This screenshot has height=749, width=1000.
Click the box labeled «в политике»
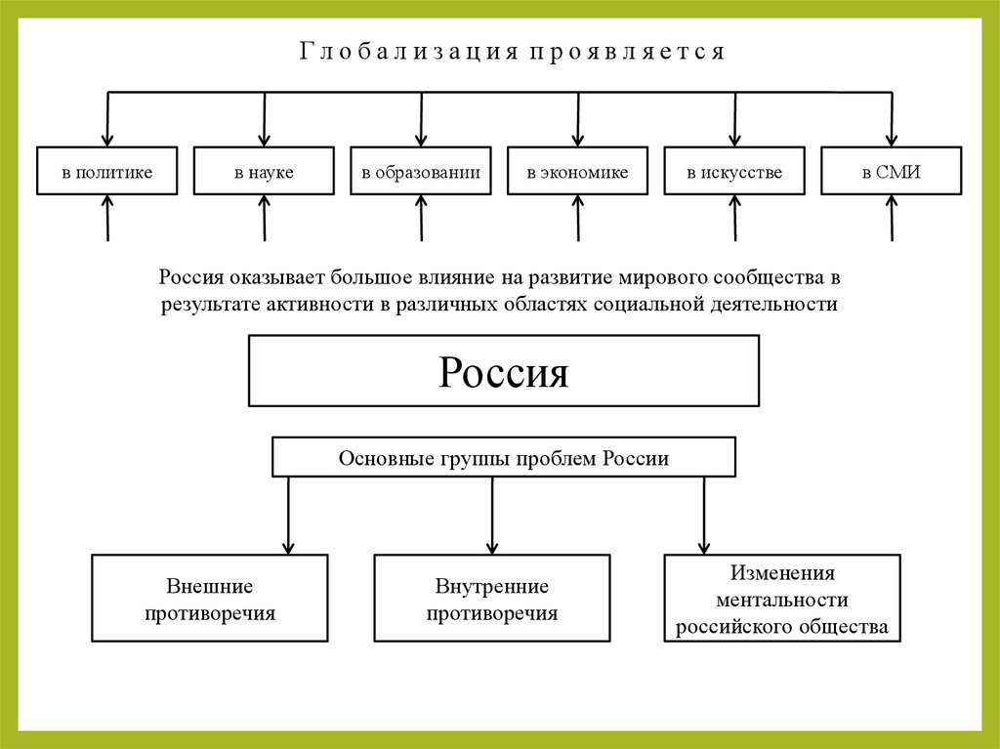[107, 172]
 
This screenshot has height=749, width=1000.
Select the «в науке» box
[264, 172]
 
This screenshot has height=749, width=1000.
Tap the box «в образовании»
[421, 172]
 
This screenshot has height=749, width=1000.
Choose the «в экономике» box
[577, 172]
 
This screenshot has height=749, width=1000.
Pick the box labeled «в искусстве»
[734, 172]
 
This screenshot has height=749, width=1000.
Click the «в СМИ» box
[892, 172]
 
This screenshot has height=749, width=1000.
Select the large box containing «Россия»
[504, 371]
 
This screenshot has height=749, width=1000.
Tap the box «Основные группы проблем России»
[504, 458]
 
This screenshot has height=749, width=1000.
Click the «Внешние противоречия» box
[210, 599]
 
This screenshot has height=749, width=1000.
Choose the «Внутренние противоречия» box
[492, 599]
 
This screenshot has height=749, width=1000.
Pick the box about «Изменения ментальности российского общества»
[782, 599]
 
